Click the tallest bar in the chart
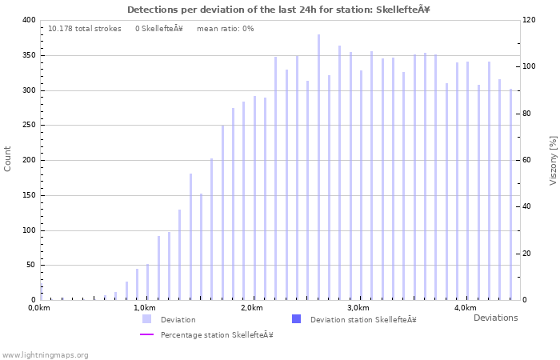pos(318,167)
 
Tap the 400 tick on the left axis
pos(28,20)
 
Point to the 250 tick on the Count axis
pos(28,126)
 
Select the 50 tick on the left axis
pos(30,266)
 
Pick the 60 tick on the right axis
pos(529,160)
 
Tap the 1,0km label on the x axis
pos(144,308)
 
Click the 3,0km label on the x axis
pos(358,308)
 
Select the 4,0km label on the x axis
pos(465,308)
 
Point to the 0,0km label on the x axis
pos(38,308)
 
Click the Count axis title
pos(8,158)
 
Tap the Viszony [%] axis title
pos(553,160)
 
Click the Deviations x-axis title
pos(495,318)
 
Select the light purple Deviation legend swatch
pos(147,319)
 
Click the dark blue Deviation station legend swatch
pos(297,319)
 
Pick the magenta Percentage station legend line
pos(147,334)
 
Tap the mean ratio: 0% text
pos(225,29)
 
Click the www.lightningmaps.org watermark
pos(46,354)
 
